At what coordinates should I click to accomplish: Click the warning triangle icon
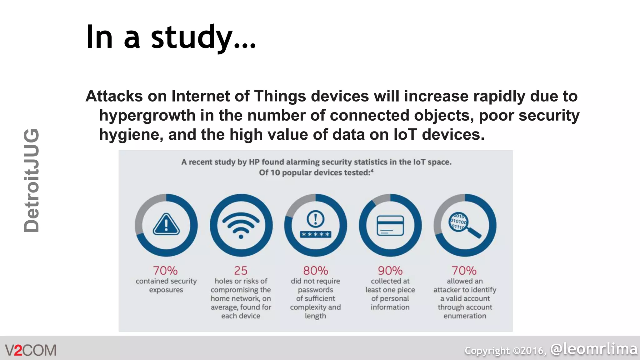166,224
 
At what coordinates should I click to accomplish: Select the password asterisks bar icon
315,234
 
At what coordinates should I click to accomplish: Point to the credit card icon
390,225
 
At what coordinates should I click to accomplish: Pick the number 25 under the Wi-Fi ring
241,271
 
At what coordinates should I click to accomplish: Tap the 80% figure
315,271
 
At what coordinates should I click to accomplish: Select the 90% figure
390,271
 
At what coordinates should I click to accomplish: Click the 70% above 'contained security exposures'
165,271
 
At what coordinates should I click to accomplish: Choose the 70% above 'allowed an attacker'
464,271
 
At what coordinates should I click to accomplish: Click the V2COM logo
31,350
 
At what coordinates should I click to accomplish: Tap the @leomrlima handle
594,349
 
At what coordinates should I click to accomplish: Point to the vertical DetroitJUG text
32,181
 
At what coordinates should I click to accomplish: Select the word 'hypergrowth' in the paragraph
147,115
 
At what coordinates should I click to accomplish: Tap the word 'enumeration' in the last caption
465,316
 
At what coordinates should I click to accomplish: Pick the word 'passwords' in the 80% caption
315,290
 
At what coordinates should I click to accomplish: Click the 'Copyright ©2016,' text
506,351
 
